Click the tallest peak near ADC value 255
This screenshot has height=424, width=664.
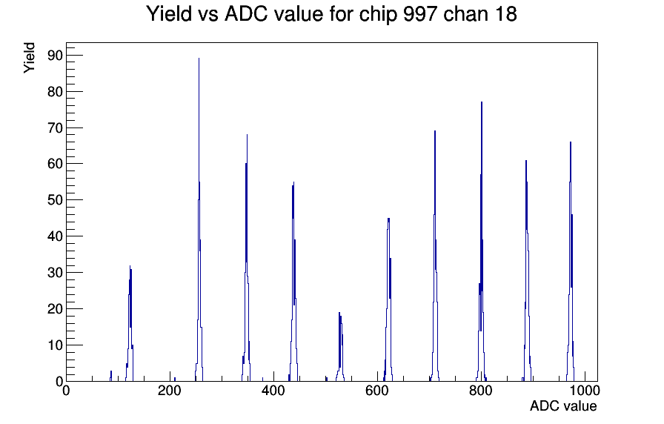(199, 220)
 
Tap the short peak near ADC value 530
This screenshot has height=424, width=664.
(340, 348)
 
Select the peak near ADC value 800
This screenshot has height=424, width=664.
(482, 242)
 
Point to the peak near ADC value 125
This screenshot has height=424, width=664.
(130, 324)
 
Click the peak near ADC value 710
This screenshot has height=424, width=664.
(435, 256)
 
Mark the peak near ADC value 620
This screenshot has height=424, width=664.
(389, 301)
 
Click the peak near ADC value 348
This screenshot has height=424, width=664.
(247, 259)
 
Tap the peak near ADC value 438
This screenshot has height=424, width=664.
(293, 282)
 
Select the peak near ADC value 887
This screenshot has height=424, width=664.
(526, 271)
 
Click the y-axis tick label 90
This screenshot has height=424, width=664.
(56, 56)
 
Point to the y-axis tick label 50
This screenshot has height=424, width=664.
(56, 200)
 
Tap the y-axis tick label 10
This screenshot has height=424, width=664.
(56, 345)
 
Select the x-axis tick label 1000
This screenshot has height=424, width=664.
(585, 391)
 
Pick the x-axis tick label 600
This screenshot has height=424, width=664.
(377, 391)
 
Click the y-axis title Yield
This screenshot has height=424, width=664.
(29, 58)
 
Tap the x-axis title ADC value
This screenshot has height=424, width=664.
(563, 406)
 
